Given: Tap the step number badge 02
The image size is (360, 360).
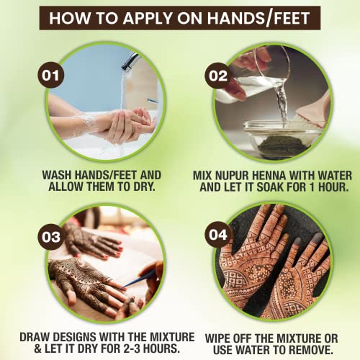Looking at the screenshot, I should pos(219,73).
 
